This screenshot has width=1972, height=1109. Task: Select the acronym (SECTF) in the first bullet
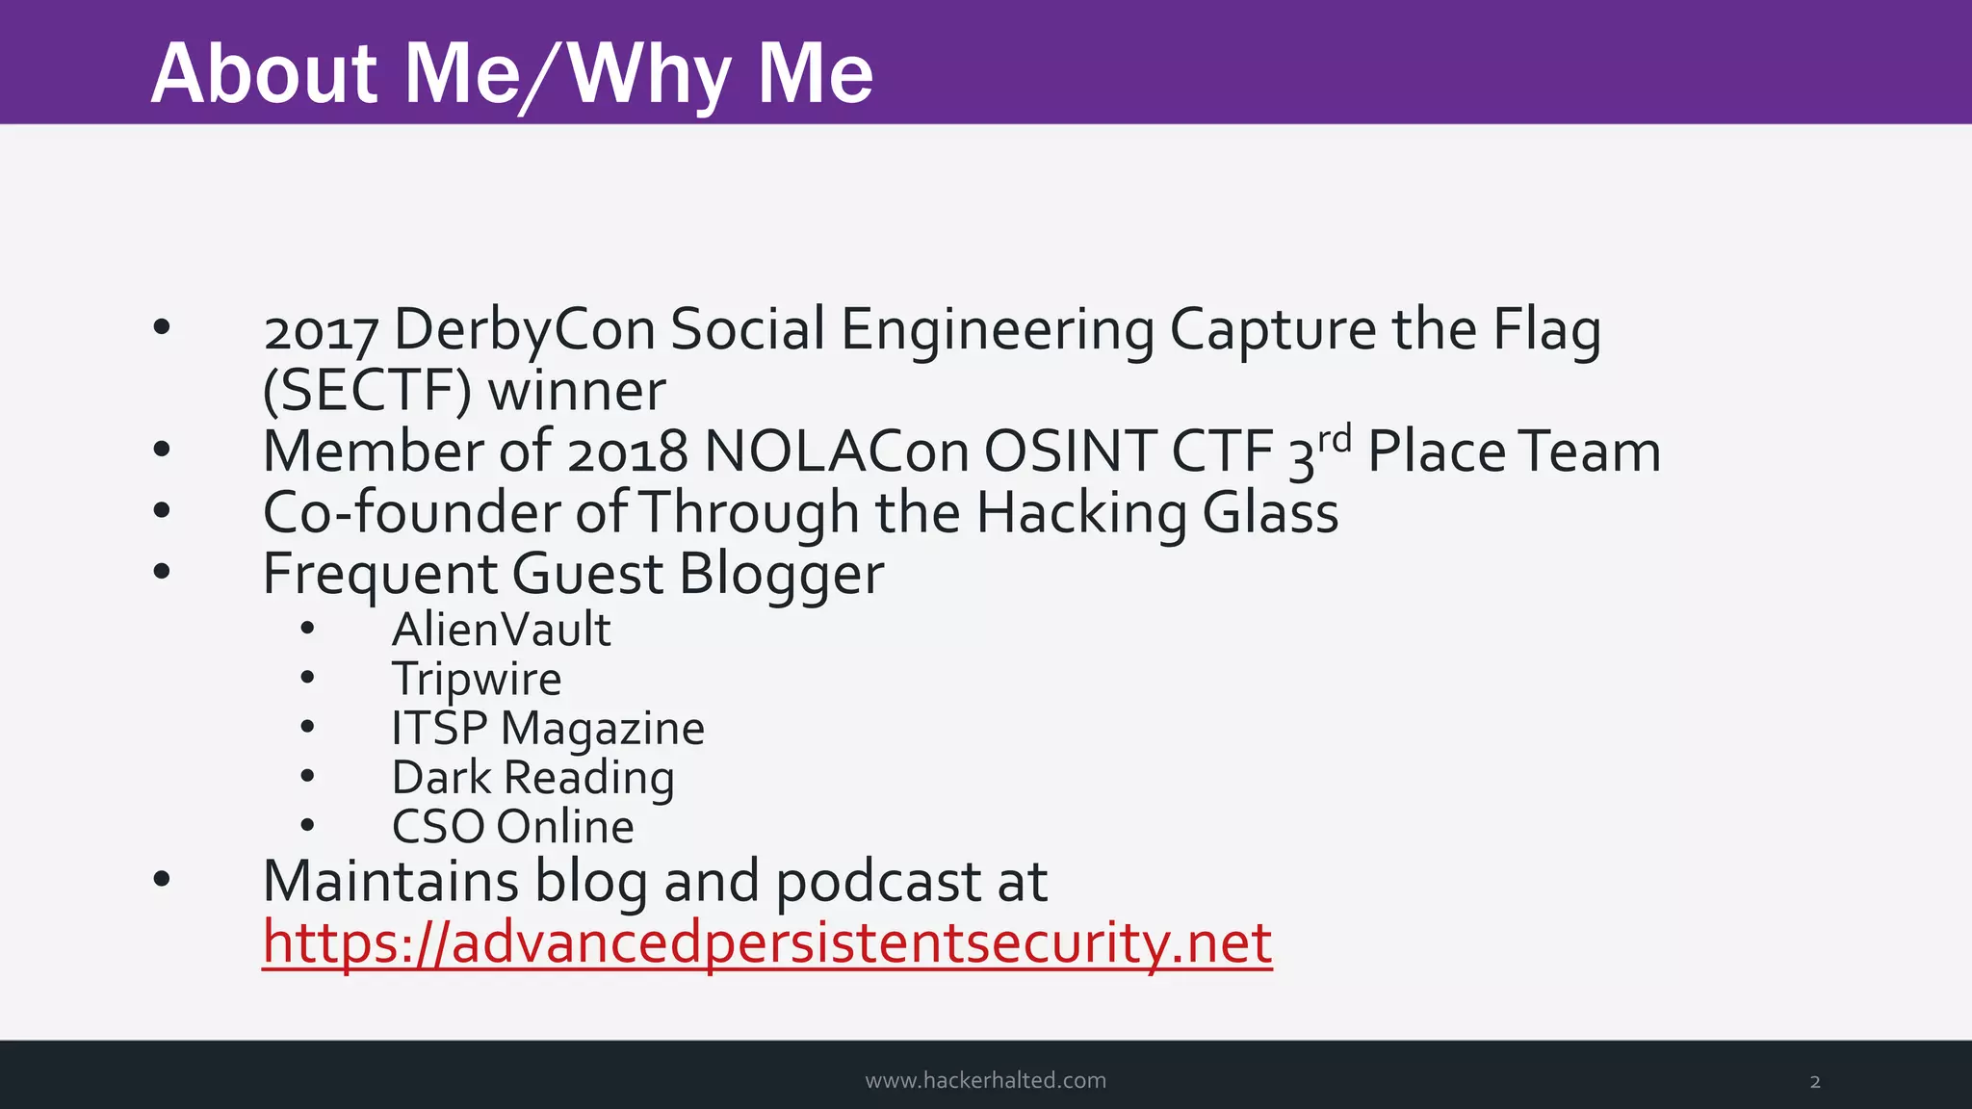pyautogui.click(x=367, y=391)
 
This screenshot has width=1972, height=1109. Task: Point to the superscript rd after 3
pyautogui.click(x=1335, y=439)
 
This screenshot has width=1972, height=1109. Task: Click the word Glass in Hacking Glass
pyautogui.click(x=1270, y=512)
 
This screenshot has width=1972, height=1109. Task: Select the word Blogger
pyautogui.click(x=781, y=575)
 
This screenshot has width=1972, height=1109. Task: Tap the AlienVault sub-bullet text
pyautogui.click(x=501, y=630)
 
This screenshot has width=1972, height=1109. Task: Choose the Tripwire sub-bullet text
pyautogui.click(x=477, y=679)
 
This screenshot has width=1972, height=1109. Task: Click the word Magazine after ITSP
pyautogui.click(x=603, y=729)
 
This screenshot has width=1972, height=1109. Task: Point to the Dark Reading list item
pyautogui.click(x=532, y=778)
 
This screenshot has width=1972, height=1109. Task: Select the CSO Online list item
pyautogui.click(x=512, y=827)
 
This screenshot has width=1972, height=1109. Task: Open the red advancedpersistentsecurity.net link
pyautogui.click(x=767, y=942)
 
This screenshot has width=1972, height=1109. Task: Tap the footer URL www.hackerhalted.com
pyautogui.click(x=985, y=1080)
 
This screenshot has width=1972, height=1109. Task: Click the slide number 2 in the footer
pyautogui.click(x=1815, y=1082)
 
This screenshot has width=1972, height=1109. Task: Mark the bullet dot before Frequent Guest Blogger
pyautogui.click(x=162, y=573)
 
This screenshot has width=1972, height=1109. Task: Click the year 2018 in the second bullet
pyautogui.click(x=628, y=451)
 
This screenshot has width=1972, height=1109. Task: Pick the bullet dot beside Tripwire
pyautogui.click(x=307, y=678)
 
